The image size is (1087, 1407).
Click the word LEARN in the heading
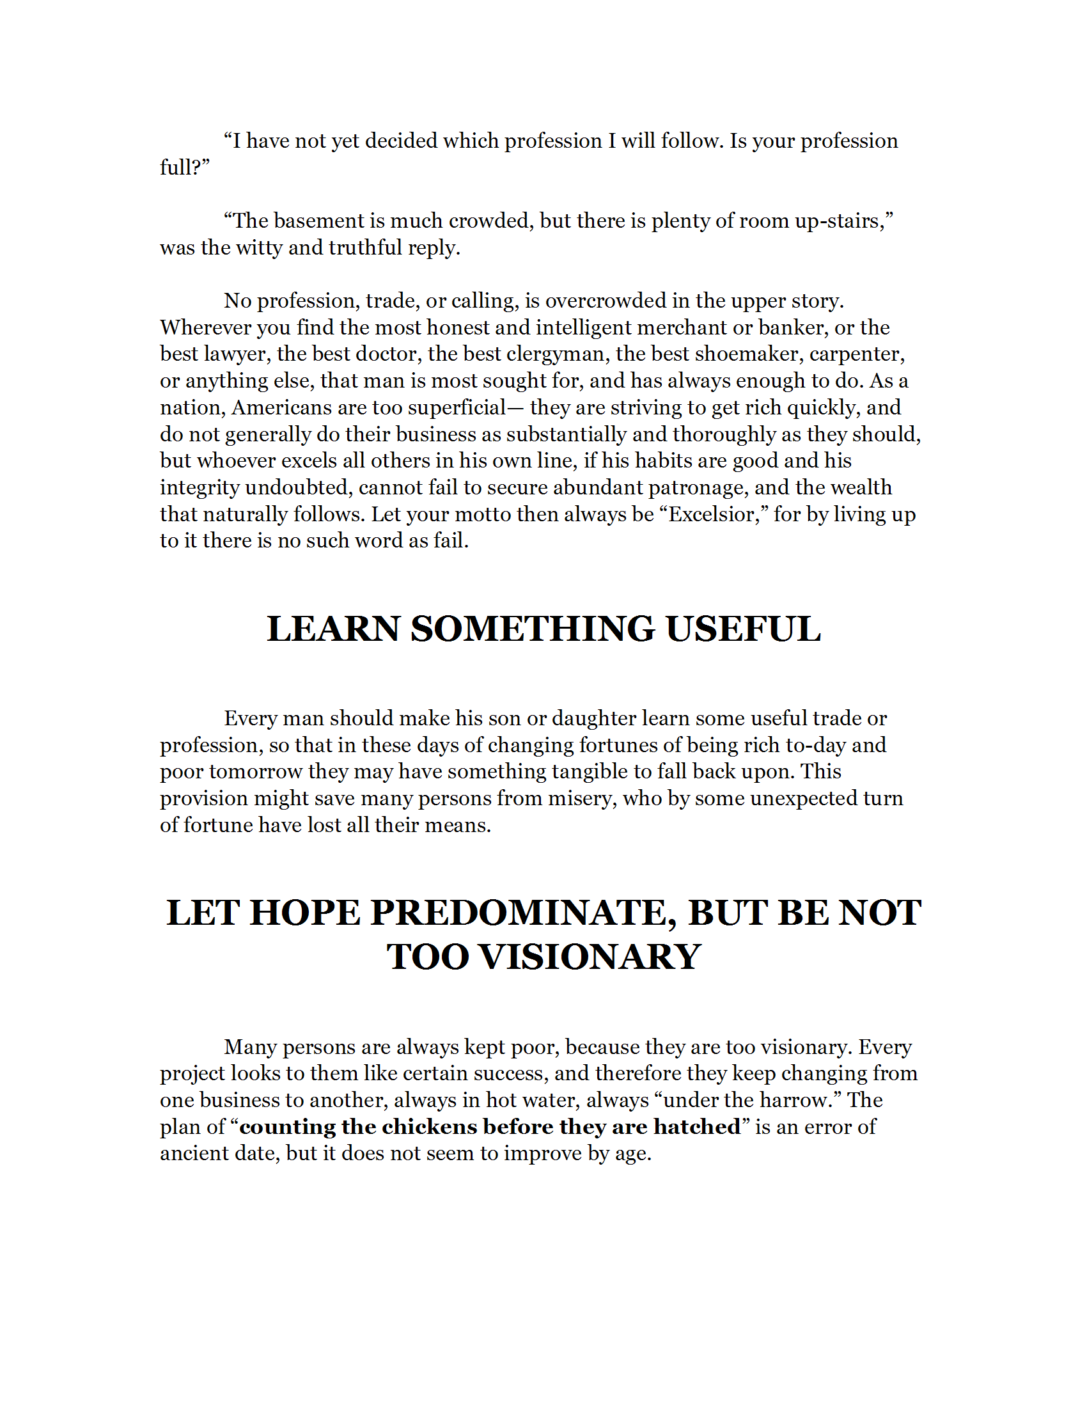332,629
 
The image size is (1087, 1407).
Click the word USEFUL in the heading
743,629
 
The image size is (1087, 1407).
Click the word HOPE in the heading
305,913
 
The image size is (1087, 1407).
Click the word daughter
594,718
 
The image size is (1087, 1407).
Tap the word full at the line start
175,167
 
